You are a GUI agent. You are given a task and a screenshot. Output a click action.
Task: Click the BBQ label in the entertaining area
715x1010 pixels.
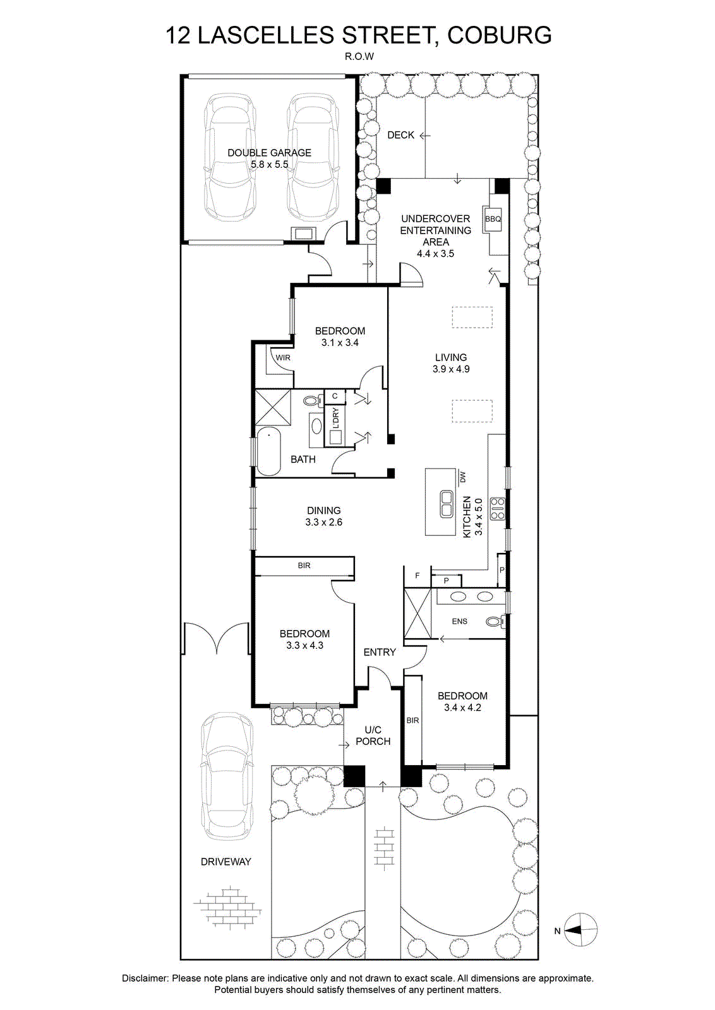(493, 219)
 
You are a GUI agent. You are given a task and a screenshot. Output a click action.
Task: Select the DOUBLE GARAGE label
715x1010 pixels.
(269, 153)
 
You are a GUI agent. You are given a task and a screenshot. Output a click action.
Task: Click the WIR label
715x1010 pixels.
(283, 357)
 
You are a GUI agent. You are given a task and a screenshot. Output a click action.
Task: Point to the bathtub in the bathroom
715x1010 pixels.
(269, 452)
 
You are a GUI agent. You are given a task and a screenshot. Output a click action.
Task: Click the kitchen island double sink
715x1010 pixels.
(447, 504)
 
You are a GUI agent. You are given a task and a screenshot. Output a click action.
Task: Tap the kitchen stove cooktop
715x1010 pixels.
(498, 508)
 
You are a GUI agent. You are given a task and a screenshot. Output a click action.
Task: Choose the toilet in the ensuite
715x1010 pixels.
(496, 622)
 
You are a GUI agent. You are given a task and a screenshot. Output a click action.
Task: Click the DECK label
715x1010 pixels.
(400, 135)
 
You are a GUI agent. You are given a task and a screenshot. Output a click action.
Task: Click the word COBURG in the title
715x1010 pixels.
(500, 35)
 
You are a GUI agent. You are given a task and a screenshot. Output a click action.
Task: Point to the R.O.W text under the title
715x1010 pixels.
(359, 57)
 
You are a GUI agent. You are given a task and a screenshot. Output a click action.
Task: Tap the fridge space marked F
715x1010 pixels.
(418, 575)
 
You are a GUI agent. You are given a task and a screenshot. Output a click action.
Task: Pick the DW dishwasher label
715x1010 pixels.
(462, 477)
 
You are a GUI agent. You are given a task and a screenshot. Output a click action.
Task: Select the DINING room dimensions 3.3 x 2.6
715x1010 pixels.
(324, 522)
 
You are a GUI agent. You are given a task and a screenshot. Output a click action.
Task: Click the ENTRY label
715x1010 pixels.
(380, 652)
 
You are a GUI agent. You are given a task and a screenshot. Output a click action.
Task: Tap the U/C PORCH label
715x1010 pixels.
(373, 735)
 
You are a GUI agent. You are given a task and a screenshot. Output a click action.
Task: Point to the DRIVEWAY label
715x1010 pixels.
(226, 862)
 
